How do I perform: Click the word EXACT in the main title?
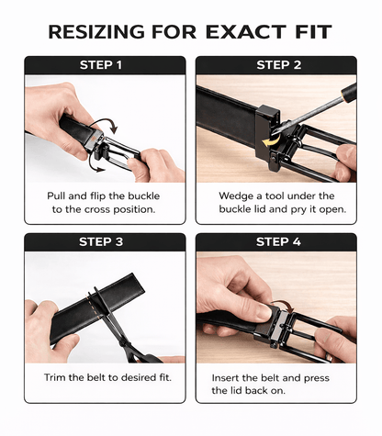246,32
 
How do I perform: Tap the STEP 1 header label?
101,65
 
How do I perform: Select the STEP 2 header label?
279,65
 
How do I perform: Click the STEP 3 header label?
101,242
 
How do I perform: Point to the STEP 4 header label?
278,242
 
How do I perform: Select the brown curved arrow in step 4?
283,305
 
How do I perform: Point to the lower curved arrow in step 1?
95,165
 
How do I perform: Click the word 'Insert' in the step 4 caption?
226,378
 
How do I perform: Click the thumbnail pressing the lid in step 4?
263,312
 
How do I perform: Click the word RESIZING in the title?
96,32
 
